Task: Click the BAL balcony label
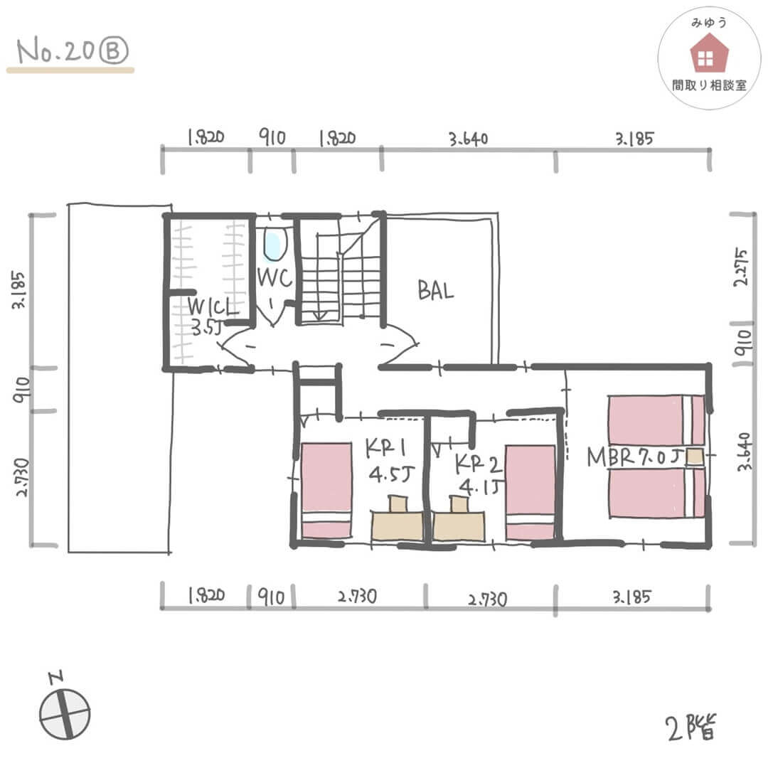pyautogui.click(x=435, y=290)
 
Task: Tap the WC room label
pyautogui.click(x=274, y=278)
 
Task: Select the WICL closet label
pyautogui.click(x=213, y=307)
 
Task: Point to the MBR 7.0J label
pyautogui.click(x=635, y=457)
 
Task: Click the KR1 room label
pyautogui.click(x=385, y=448)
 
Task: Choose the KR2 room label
pyautogui.click(x=478, y=464)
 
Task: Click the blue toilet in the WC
pyautogui.click(x=274, y=245)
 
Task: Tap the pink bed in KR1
pyautogui.click(x=326, y=490)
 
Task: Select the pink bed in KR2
pyautogui.click(x=530, y=492)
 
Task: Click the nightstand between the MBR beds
pyautogui.click(x=695, y=457)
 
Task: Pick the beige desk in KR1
pyautogui.click(x=398, y=526)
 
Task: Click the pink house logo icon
pyautogui.click(x=709, y=54)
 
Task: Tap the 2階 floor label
pyautogui.click(x=690, y=727)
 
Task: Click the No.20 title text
pyautogui.click(x=55, y=50)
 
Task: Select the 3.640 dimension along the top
pyautogui.click(x=469, y=139)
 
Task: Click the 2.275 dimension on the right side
pyautogui.click(x=741, y=267)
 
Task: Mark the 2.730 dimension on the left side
pyautogui.click(x=23, y=478)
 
